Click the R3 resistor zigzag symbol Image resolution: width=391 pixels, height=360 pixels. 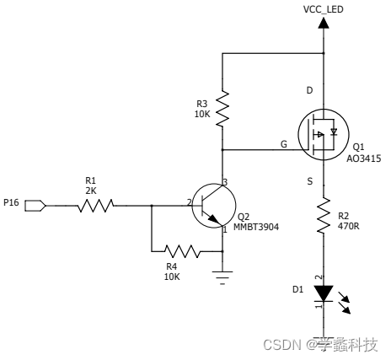tap(222, 109)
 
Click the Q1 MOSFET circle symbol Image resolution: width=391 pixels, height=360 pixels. tap(323, 135)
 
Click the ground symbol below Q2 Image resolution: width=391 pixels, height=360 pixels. tap(222, 277)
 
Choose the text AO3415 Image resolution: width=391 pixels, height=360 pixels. tap(364, 158)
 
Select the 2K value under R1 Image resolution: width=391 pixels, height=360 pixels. tap(91, 191)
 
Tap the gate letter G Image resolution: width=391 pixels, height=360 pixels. tap(284, 144)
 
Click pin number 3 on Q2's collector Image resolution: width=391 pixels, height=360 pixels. tap(226, 182)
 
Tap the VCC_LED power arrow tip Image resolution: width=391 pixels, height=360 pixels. tap(324, 19)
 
